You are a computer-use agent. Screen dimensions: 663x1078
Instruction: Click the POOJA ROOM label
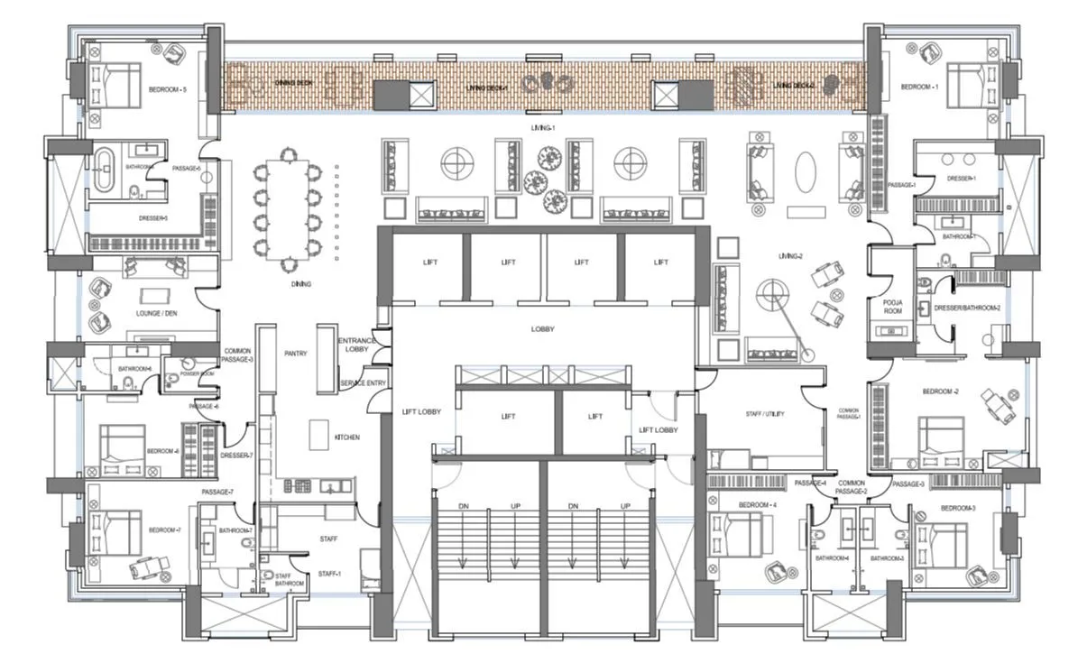pos(892,307)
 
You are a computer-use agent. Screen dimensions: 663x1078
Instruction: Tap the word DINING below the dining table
pos(301,284)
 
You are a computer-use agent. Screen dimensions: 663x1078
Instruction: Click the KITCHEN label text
pos(346,437)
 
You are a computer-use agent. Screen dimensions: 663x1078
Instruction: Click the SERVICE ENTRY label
pos(363,383)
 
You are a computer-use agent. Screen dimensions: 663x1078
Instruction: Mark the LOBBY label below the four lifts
pos(542,329)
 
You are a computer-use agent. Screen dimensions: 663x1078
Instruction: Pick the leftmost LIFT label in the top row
pos(429,262)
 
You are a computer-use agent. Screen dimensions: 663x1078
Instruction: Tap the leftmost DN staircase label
pos(462,506)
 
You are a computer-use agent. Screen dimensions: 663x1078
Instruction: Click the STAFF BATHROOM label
pos(289,580)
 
